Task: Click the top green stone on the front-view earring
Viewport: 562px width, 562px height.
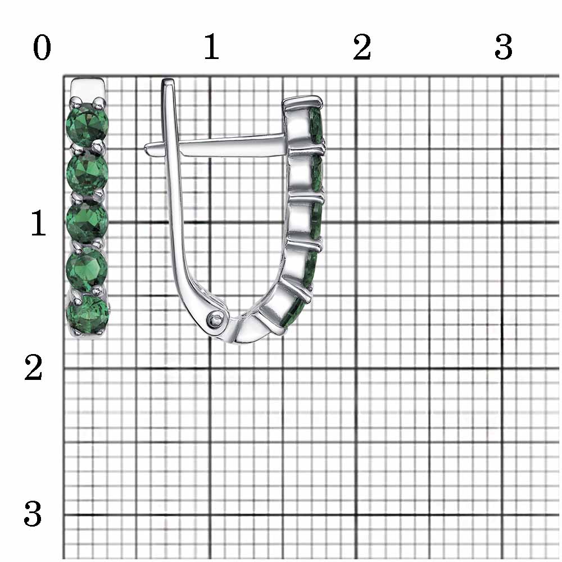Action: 87,124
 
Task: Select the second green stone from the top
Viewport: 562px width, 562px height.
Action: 88,172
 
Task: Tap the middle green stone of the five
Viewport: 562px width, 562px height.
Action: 87,220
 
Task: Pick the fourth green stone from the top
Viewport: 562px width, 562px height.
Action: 87,268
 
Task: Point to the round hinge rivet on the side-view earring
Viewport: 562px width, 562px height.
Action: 216,318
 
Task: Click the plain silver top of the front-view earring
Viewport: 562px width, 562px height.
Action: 88,89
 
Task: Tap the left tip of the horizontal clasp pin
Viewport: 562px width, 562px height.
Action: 146,148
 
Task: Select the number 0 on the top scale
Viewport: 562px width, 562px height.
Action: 42,47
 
